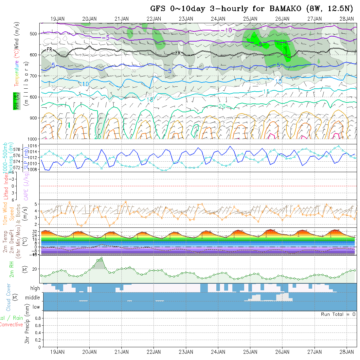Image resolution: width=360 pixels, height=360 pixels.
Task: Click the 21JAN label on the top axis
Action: pos(122,19)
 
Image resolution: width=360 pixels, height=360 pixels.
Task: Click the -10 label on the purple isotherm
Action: pos(226,30)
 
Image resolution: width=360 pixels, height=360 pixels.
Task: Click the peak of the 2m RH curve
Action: pos(102,258)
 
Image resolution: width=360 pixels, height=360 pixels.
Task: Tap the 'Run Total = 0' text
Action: pos(338,314)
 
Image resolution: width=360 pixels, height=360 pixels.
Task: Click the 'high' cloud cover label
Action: pos(35,288)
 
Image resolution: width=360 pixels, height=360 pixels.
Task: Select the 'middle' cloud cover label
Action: pos(33,298)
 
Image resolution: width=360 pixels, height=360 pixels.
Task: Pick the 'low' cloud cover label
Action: pos(36,307)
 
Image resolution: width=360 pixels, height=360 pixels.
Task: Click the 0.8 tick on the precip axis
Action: pos(38,318)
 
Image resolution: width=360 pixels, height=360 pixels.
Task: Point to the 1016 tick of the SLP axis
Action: pos(34,146)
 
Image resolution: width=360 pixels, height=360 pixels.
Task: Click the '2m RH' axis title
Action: pos(11,269)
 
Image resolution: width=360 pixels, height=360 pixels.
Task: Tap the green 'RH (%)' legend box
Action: pos(15,101)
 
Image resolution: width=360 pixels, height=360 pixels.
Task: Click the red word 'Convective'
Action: pos(11,325)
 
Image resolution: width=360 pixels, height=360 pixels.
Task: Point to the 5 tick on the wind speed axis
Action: pos(37,204)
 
